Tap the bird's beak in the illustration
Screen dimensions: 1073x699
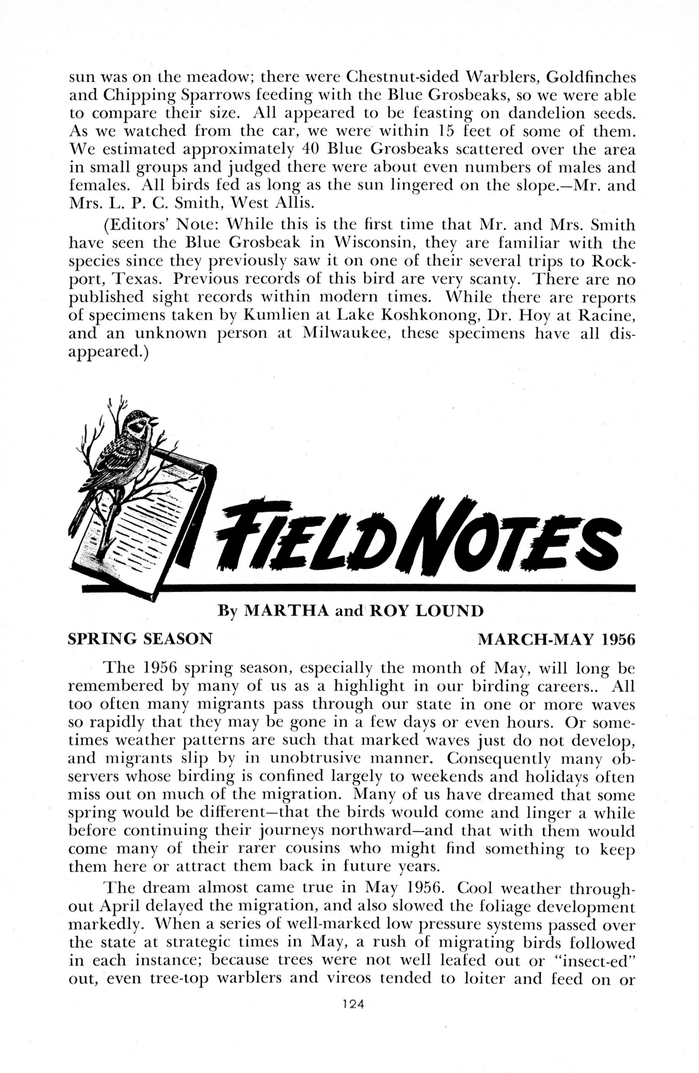point(155,421)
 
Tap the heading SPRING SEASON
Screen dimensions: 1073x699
point(140,639)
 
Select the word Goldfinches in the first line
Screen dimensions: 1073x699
point(591,77)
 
